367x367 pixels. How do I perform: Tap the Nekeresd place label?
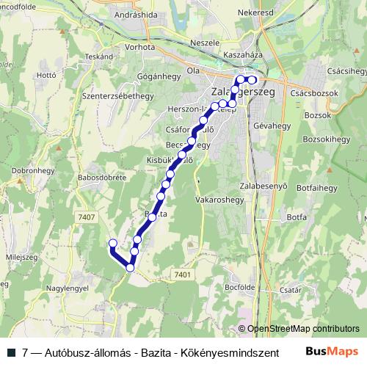coord(255,13)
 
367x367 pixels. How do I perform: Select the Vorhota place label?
coord(139,46)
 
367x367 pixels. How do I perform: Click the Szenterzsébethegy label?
coord(117,95)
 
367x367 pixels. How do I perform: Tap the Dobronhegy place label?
coord(33,169)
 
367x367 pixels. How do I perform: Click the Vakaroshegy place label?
coord(219,199)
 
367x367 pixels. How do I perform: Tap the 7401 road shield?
coord(183,275)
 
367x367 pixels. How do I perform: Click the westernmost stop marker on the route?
coord(112,243)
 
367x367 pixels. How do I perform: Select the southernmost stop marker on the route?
coord(131,268)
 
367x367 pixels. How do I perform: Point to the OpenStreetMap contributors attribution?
coord(303,328)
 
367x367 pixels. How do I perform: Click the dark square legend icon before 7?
coord(12,352)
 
